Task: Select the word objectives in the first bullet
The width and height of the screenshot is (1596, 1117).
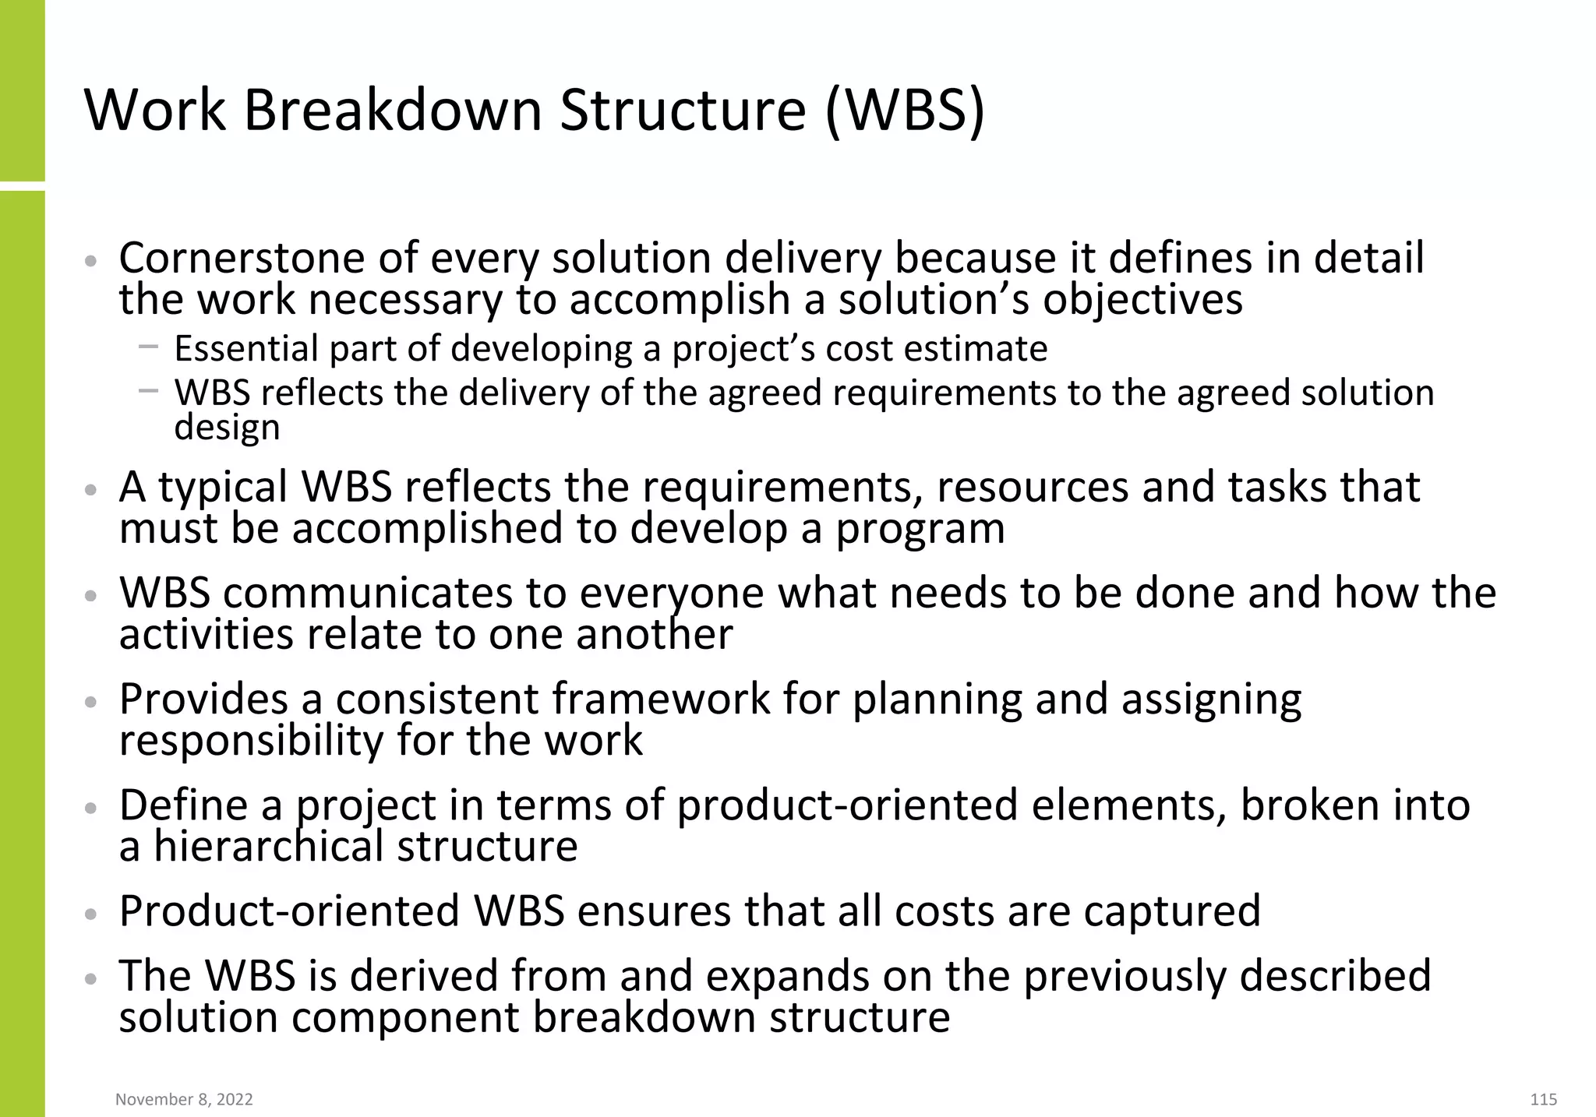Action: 1142,300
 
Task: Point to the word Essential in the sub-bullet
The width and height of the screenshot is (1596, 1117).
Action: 245,348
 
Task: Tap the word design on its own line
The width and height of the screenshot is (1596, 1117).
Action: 227,428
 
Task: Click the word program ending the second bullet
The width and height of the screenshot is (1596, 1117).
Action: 920,529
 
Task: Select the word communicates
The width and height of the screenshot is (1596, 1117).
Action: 368,594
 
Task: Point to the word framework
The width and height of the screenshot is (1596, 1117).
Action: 662,699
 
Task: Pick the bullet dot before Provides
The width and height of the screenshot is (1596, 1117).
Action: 90,702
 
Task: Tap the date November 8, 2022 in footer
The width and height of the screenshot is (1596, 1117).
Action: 184,1099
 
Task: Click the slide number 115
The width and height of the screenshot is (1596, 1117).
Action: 1543,1099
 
